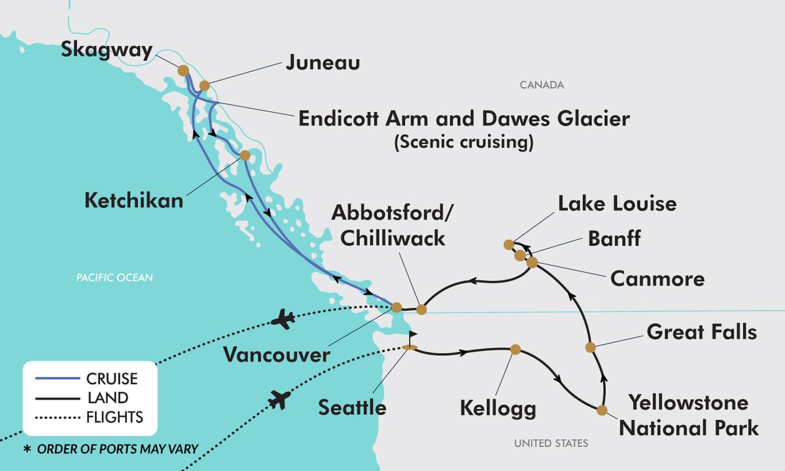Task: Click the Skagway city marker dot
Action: pyautogui.click(x=183, y=70)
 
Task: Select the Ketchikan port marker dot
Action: pyautogui.click(x=245, y=156)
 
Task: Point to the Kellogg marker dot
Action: pyautogui.click(x=515, y=349)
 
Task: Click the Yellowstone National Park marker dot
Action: pyautogui.click(x=602, y=410)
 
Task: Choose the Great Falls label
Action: pyautogui.click(x=701, y=332)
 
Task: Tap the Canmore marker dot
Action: pyautogui.click(x=532, y=262)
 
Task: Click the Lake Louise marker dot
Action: pyautogui.click(x=508, y=245)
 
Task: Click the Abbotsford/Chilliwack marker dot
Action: pyautogui.click(x=421, y=309)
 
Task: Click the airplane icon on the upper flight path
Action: pyautogui.click(x=283, y=320)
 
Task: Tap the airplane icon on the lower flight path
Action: pyautogui.click(x=279, y=399)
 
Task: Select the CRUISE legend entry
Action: pyautogui.click(x=112, y=379)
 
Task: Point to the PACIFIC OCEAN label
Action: pyautogui.click(x=114, y=278)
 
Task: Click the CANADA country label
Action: pyautogui.click(x=542, y=85)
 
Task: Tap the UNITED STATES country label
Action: pyautogui.click(x=551, y=444)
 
